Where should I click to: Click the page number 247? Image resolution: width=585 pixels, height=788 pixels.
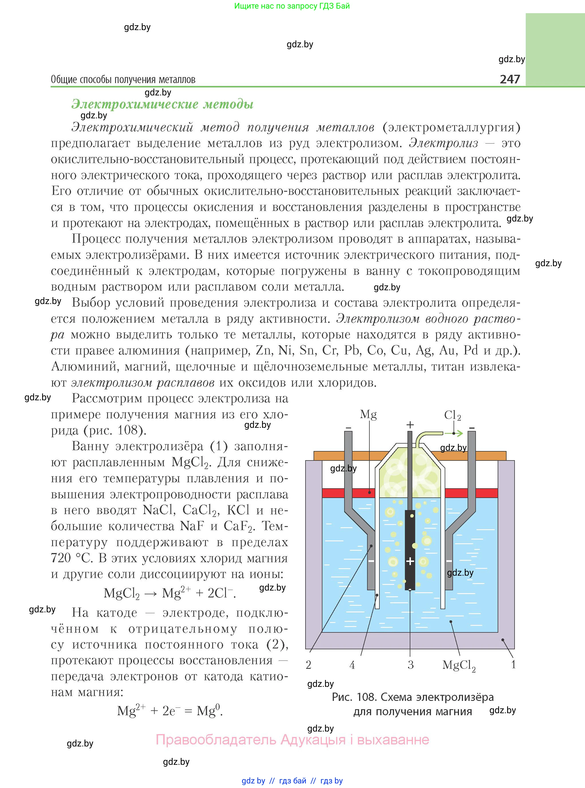[x=510, y=79]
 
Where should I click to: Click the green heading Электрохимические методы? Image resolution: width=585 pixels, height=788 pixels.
[x=162, y=104]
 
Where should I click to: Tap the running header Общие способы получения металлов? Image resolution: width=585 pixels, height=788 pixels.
[x=123, y=80]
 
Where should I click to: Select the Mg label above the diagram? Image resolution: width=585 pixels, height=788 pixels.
[x=368, y=414]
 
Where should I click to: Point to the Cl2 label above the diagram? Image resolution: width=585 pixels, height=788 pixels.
[x=452, y=415]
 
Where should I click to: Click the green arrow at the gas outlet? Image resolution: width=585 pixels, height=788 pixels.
[x=458, y=433]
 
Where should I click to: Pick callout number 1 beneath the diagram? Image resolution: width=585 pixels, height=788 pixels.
[x=513, y=665]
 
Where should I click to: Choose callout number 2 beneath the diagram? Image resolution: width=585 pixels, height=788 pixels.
[x=308, y=665]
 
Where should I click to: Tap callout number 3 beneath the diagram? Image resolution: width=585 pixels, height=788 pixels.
[x=410, y=665]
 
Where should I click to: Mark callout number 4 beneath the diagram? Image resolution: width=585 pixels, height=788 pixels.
[x=352, y=665]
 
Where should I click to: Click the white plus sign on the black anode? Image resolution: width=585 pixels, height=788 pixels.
[x=410, y=561]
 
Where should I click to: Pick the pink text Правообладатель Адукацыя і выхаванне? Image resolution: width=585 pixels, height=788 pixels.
[x=293, y=740]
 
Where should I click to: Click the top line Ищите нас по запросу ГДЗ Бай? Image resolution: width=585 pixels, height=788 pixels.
[x=292, y=6]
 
